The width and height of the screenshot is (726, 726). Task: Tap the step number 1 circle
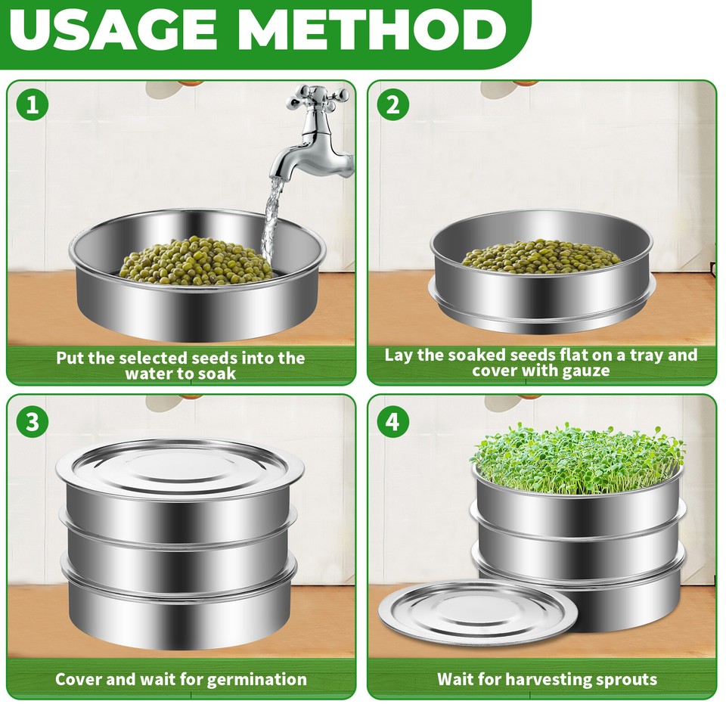(32, 105)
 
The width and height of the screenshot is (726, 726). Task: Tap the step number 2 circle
(392, 105)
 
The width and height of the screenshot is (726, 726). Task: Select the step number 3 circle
(32, 420)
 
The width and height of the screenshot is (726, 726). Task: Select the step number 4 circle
(392, 420)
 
